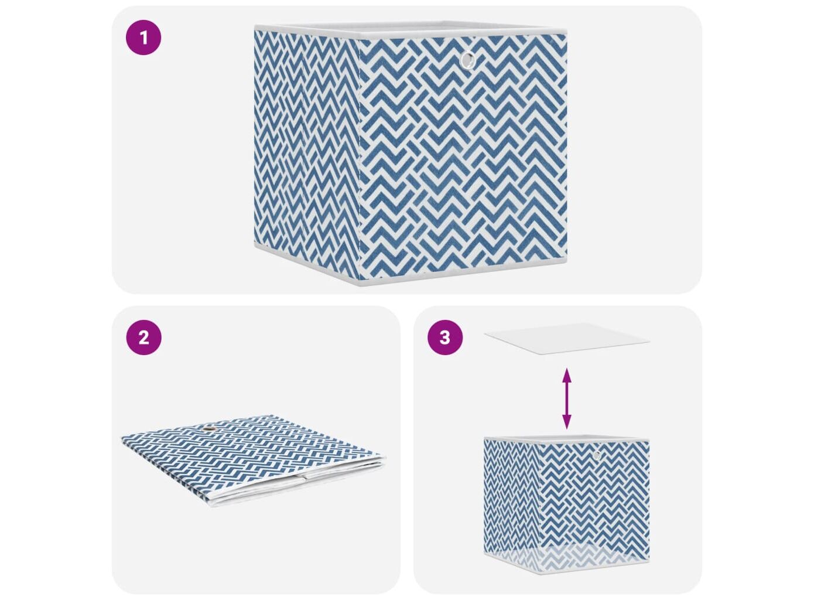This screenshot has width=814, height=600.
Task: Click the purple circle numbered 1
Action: tap(143, 37)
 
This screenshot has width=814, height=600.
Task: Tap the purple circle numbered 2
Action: tap(143, 337)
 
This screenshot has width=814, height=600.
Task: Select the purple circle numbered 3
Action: tap(445, 337)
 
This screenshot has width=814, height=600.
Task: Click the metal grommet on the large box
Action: tap(468, 60)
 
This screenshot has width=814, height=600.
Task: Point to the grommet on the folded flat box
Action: tap(209, 431)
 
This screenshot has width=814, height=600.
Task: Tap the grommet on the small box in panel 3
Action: tap(597, 455)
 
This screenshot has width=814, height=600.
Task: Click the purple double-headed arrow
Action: tap(566, 398)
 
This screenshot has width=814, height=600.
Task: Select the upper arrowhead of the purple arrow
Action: tap(566, 374)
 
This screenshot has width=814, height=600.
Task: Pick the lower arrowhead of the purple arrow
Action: tap(566, 422)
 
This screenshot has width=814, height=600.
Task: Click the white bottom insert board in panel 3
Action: tap(567, 337)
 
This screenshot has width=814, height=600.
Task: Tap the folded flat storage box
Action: tap(254, 461)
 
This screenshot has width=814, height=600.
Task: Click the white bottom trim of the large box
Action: tap(411, 268)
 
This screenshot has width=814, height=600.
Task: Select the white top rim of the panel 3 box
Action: tap(567, 438)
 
